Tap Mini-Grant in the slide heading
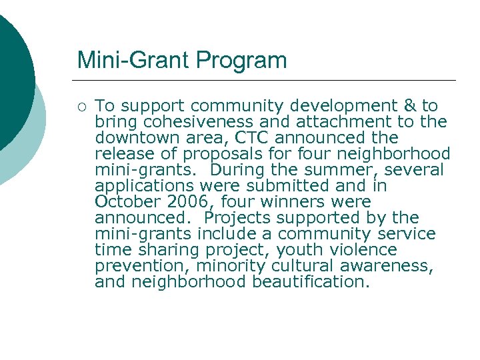click(133, 61)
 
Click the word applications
click(143, 186)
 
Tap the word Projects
click(239, 218)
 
